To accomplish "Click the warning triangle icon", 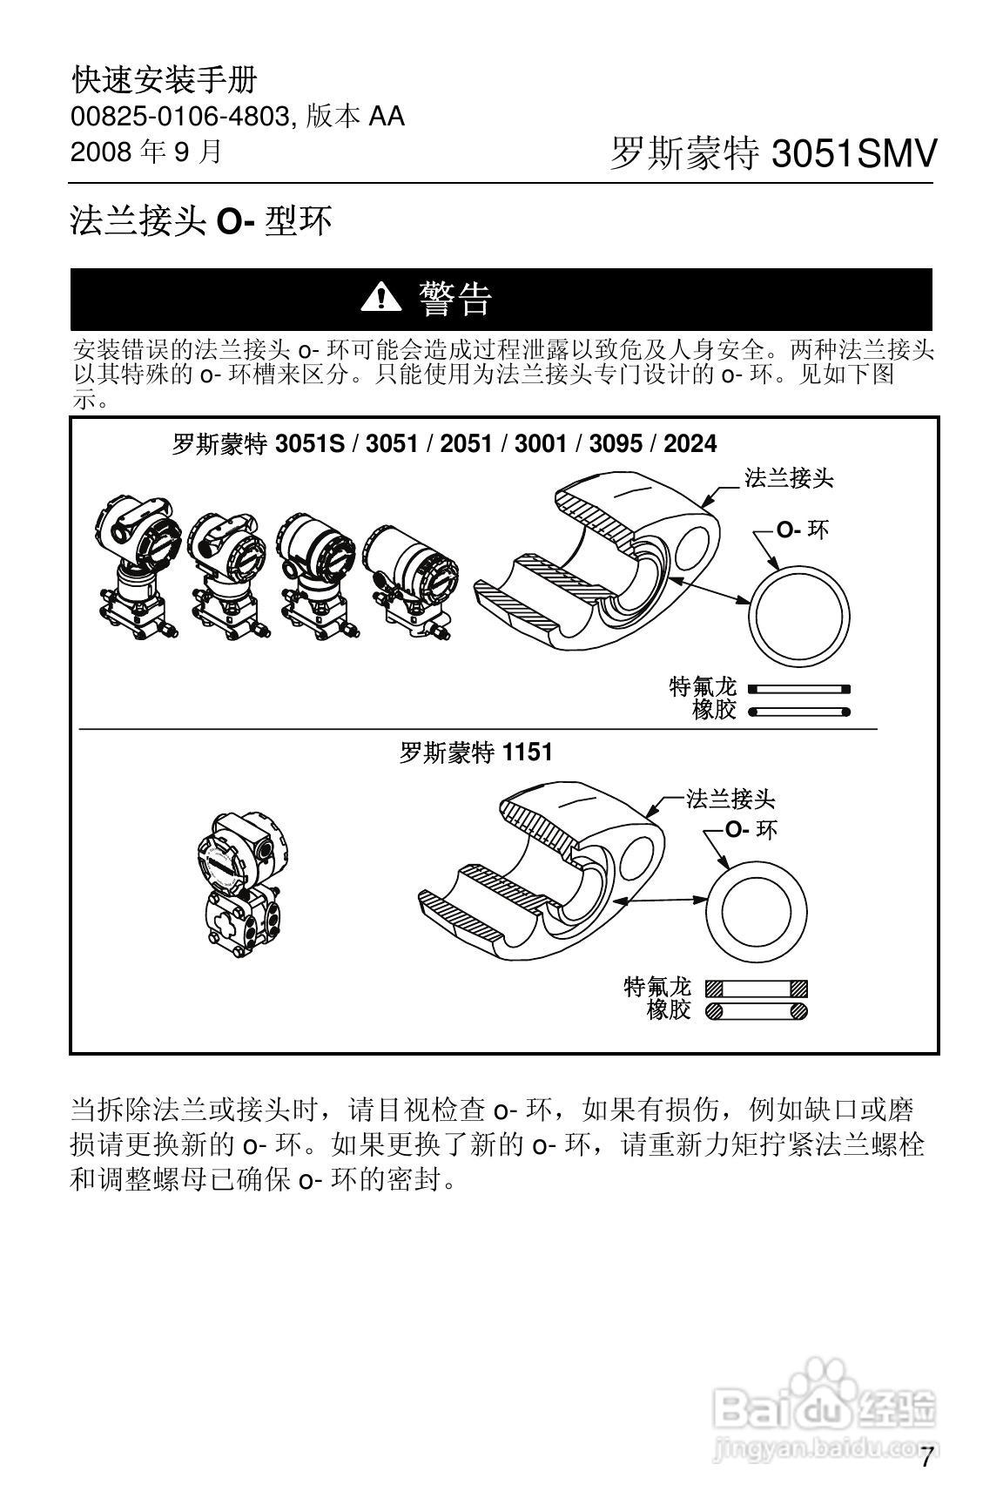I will (380, 299).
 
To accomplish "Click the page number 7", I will (926, 1457).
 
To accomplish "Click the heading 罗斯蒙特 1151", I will (475, 752).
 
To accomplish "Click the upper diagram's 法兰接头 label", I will (790, 477).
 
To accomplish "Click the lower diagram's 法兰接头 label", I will (730, 799).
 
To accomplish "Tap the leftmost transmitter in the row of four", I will (139, 567).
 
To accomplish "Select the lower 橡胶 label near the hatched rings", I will (668, 1010).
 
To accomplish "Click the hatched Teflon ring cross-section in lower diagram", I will (756, 988).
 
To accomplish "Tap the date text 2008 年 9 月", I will (146, 152).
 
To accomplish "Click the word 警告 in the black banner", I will (455, 299).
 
